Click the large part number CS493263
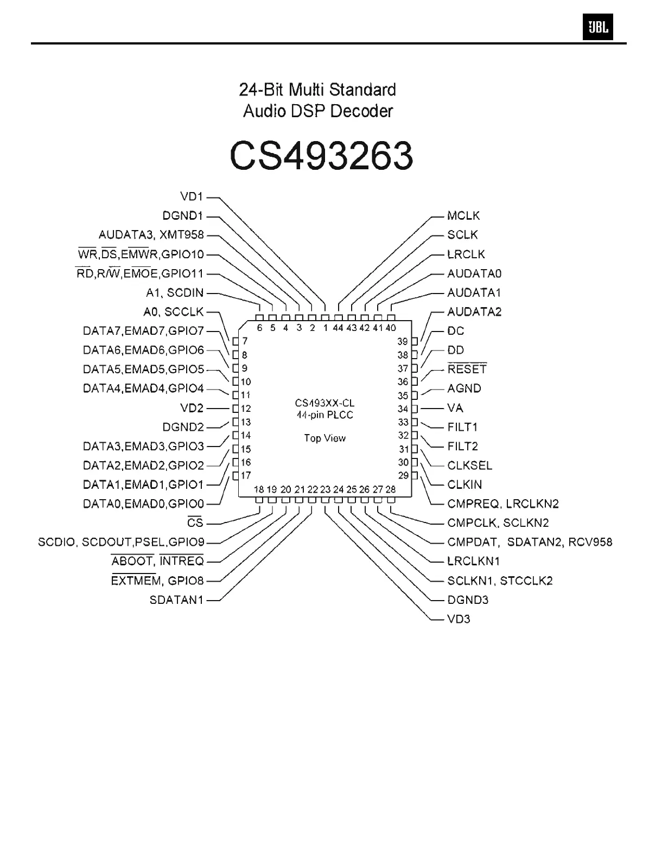tap(321, 156)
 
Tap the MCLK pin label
tap(463, 216)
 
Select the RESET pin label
tap(467, 369)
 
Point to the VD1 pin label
tap(191, 196)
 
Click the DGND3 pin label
tap(468, 600)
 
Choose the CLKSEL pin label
tap(469, 466)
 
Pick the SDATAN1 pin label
tap(176, 600)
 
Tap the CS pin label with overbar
tap(195, 523)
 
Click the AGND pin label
tap(464, 388)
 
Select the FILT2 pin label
tap(462, 447)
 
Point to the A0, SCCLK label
tap(173, 312)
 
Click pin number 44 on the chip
tap(338, 328)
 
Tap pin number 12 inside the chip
tap(246, 409)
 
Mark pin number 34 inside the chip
tap(403, 409)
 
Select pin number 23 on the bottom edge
tap(325, 489)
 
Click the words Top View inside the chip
tap(324, 438)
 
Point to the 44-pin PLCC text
tap(324, 415)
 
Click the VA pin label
tap(455, 408)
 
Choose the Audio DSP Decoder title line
tap(318, 111)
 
